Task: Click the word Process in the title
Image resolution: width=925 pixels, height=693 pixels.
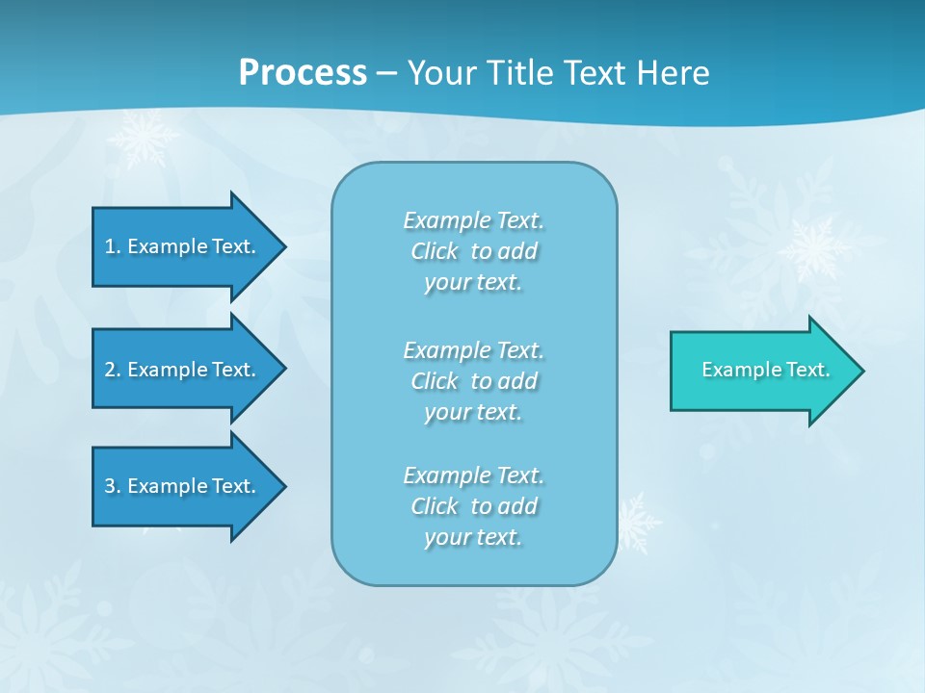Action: pos(303,73)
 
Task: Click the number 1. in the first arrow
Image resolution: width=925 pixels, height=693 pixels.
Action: pos(113,246)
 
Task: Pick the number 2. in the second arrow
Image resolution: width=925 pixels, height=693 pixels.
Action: pos(113,370)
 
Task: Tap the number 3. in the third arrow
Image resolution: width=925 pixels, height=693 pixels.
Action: pos(113,486)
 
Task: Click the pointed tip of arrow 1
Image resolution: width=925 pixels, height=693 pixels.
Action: pos(284,246)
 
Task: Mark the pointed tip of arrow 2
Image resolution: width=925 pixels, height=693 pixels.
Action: pos(284,369)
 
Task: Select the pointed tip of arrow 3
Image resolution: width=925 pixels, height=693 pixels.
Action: pos(284,486)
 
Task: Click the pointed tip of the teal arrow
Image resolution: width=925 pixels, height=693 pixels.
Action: pos(862,371)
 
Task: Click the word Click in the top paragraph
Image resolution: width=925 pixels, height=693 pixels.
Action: pos(435,251)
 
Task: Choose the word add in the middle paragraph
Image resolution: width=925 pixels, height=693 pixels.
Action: pos(516,381)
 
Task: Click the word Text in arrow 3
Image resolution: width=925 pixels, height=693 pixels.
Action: pos(233,486)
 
